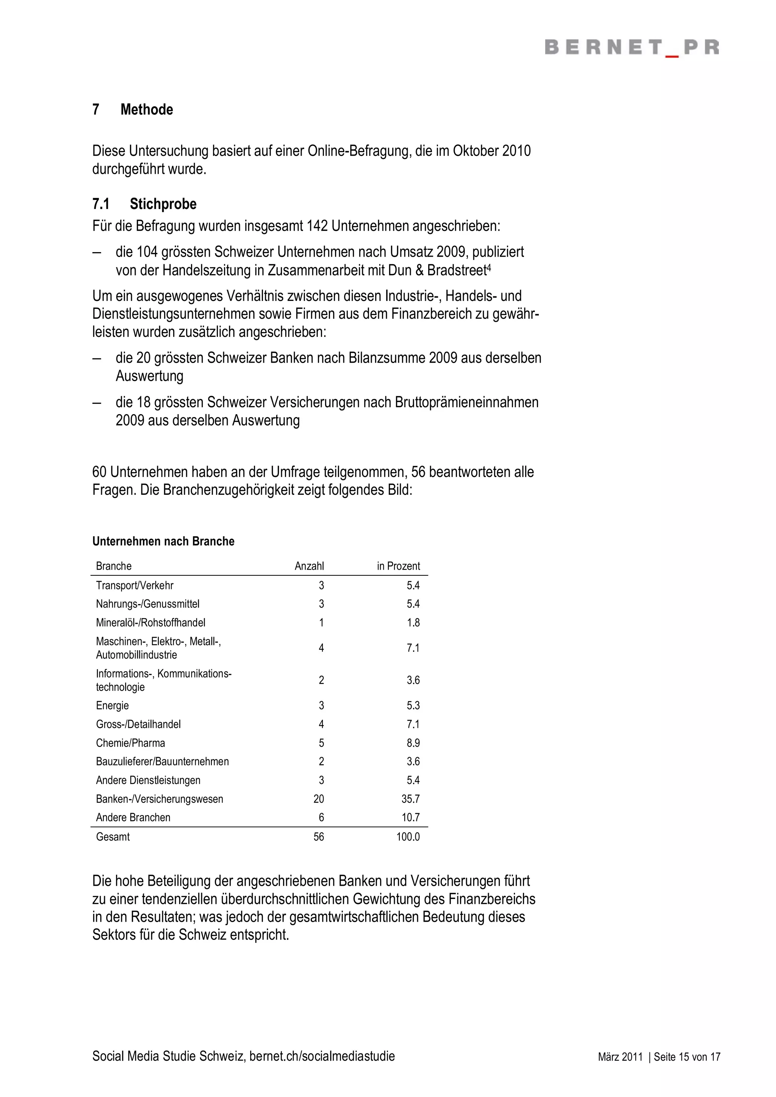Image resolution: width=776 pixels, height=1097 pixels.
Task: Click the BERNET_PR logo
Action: (632, 48)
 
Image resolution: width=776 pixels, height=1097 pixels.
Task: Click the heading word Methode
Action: (146, 109)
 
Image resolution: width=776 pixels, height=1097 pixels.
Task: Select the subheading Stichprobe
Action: (163, 204)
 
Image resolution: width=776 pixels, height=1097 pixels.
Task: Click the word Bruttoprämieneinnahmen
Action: (466, 402)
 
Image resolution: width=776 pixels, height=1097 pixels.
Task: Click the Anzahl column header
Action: (309, 566)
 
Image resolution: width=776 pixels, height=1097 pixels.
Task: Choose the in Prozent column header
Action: (398, 566)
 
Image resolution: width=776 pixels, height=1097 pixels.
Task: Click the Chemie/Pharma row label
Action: (130, 743)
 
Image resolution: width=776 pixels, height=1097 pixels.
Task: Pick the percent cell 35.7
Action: (410, 799)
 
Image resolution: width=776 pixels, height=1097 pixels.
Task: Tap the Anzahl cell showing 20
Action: (318, 799)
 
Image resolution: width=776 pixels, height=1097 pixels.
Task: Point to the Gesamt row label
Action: (113, 837)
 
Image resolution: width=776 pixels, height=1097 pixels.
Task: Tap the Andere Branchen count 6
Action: (321, 818)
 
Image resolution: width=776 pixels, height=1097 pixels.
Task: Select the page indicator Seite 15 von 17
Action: (687, 1057)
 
